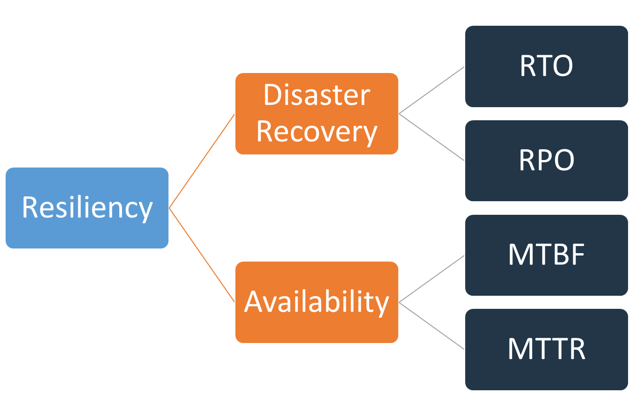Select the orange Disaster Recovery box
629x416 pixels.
(316, 114)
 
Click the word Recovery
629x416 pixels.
(316, 132)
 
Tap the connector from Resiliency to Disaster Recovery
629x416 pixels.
(202, 161)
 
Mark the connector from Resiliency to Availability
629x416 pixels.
(202, 255)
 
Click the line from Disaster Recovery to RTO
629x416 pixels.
(432, 90)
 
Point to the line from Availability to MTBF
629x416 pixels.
(432, 279)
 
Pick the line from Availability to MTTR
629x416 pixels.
(432, 326)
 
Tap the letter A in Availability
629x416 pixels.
(255, 302)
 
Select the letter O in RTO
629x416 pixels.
(561, 66)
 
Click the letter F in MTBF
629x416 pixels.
(578, 255)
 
